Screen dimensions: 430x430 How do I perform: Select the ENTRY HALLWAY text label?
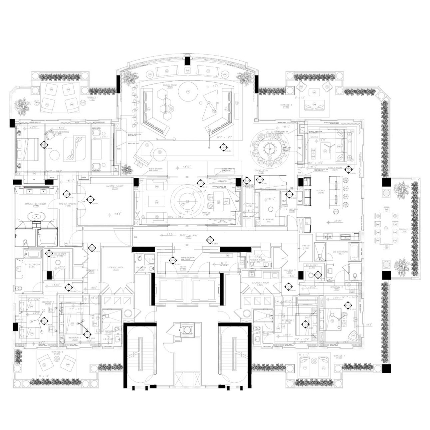coord(188,235)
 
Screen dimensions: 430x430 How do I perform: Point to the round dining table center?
coord(270,147)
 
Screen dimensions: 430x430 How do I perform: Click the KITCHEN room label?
coord(321,191)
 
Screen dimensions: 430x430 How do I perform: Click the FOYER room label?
coord(183,267)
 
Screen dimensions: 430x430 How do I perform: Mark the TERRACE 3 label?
coord(404,230)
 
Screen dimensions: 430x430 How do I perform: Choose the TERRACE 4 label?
coord(339,356)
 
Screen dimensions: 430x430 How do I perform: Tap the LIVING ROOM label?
coord(169,85)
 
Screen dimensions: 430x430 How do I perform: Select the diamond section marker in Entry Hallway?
coord(210,240)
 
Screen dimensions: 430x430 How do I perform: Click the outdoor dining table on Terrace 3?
coord(386,228)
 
